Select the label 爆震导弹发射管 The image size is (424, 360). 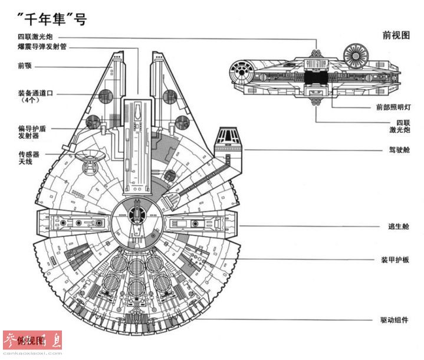(x=42, y=47)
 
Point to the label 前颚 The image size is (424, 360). (x=25, y=66)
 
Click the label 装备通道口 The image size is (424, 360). (x=35, y=93)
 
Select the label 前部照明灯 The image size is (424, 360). (x=393, y=107)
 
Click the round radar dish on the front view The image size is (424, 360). (x=356, y=55)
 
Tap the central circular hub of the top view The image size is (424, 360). (x=136, y=217)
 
